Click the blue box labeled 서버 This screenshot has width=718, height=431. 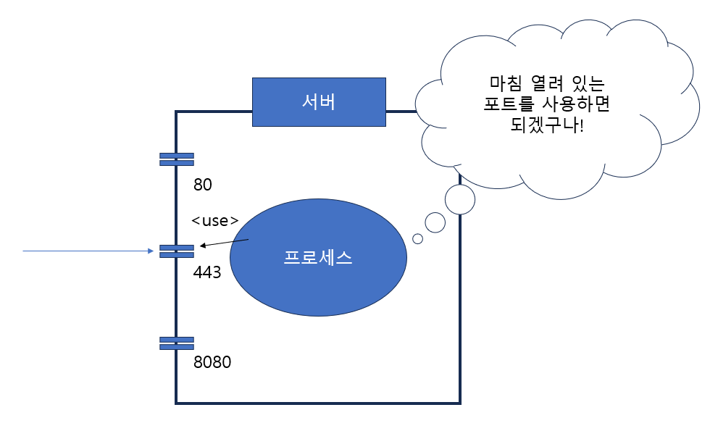[x=318, y=101]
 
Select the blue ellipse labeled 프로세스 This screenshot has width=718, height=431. [x=318, y=258]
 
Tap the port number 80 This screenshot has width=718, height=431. [x=203, y=185]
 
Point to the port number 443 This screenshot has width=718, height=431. [x=207, y=273]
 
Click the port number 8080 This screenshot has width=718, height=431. [x=212, y=362]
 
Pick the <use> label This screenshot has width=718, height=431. [x=215, y=221]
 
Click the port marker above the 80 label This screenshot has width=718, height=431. [x=177, y=159]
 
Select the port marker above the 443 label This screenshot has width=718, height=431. [x=177, y=251]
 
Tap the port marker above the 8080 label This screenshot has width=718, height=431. [x=177, y=343]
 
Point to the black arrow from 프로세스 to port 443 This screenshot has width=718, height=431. [x=225, y=243]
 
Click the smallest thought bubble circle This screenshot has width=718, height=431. [x=417, y=238]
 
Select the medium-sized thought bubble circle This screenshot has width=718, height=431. [x=435, y=222]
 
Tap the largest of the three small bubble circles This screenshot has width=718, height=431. [x=459, y=199]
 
